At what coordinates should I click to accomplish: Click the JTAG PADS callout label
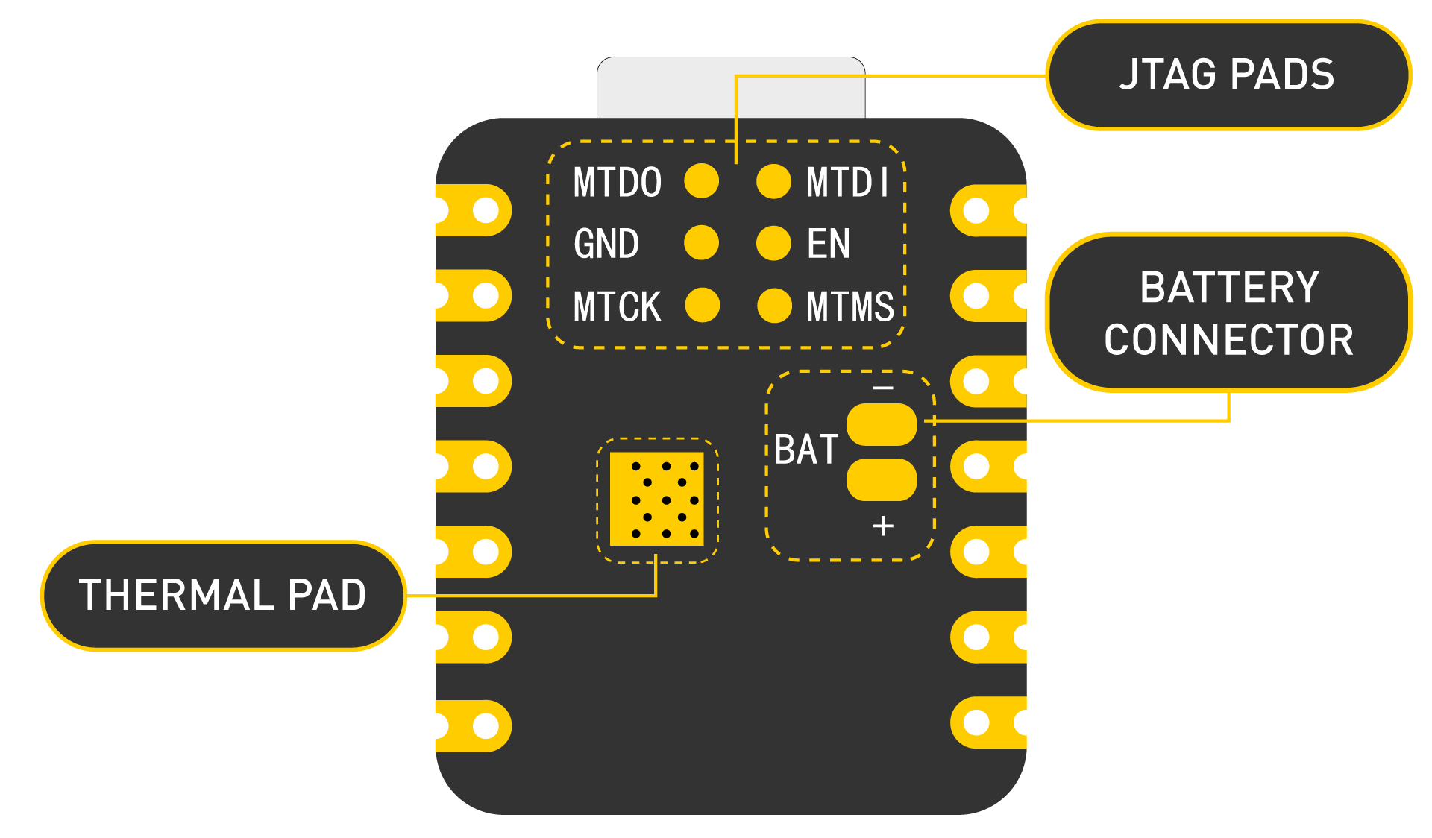coord(1228,75)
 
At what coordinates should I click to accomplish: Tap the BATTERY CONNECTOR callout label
coord(1228,313)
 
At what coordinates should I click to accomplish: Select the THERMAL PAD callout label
coord(222,595)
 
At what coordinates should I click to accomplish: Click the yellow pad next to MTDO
coord(701,181)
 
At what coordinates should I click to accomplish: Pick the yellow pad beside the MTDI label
coord(773,181)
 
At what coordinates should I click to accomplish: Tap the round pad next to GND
coord(701,243)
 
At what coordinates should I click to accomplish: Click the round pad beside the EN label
coord(773,243)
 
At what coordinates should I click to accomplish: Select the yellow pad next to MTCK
coord(702,306)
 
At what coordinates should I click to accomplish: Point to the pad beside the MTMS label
coord(774,306)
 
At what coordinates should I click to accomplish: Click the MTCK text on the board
coord(617,306)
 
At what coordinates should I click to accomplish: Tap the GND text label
coord(606,244)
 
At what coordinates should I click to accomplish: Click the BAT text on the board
coord(805,450)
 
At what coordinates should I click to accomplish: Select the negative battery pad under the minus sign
coord(882,424)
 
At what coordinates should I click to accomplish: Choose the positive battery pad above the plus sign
coord(882,479)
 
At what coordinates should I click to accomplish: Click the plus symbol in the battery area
coord(883,526)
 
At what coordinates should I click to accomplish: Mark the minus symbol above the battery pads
coord(883,388)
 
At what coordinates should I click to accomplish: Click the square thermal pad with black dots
coord(656,499)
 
